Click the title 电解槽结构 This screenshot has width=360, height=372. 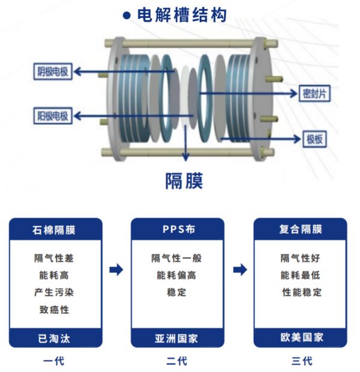(181, 14)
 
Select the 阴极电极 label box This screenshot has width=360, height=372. (52, 72)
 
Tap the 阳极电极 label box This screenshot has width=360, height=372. (52, 115)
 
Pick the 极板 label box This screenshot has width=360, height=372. (314, 139)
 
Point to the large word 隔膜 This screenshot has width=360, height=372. (184, 180)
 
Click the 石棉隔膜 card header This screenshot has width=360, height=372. (55, 229)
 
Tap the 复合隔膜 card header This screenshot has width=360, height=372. (301, 229)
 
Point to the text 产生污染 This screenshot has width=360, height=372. (55, 292)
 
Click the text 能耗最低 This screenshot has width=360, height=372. (301, 275)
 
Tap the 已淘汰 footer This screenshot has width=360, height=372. (55, 338)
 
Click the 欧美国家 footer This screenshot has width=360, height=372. (301, 338)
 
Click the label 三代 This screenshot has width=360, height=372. (302, 361)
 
